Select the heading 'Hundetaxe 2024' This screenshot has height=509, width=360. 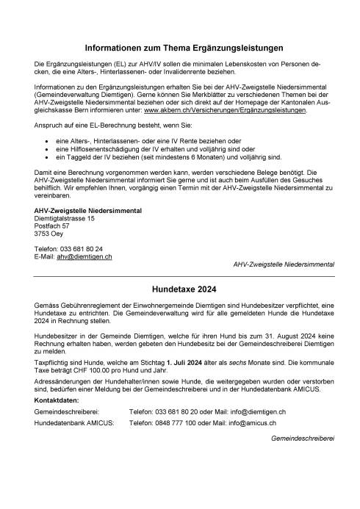(x=179, y=289)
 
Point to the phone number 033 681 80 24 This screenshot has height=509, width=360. (x=82, y=248)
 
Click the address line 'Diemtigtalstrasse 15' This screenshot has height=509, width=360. (x=65, y=218)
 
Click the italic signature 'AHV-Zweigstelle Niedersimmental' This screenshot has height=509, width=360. (x=283, y=263)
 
